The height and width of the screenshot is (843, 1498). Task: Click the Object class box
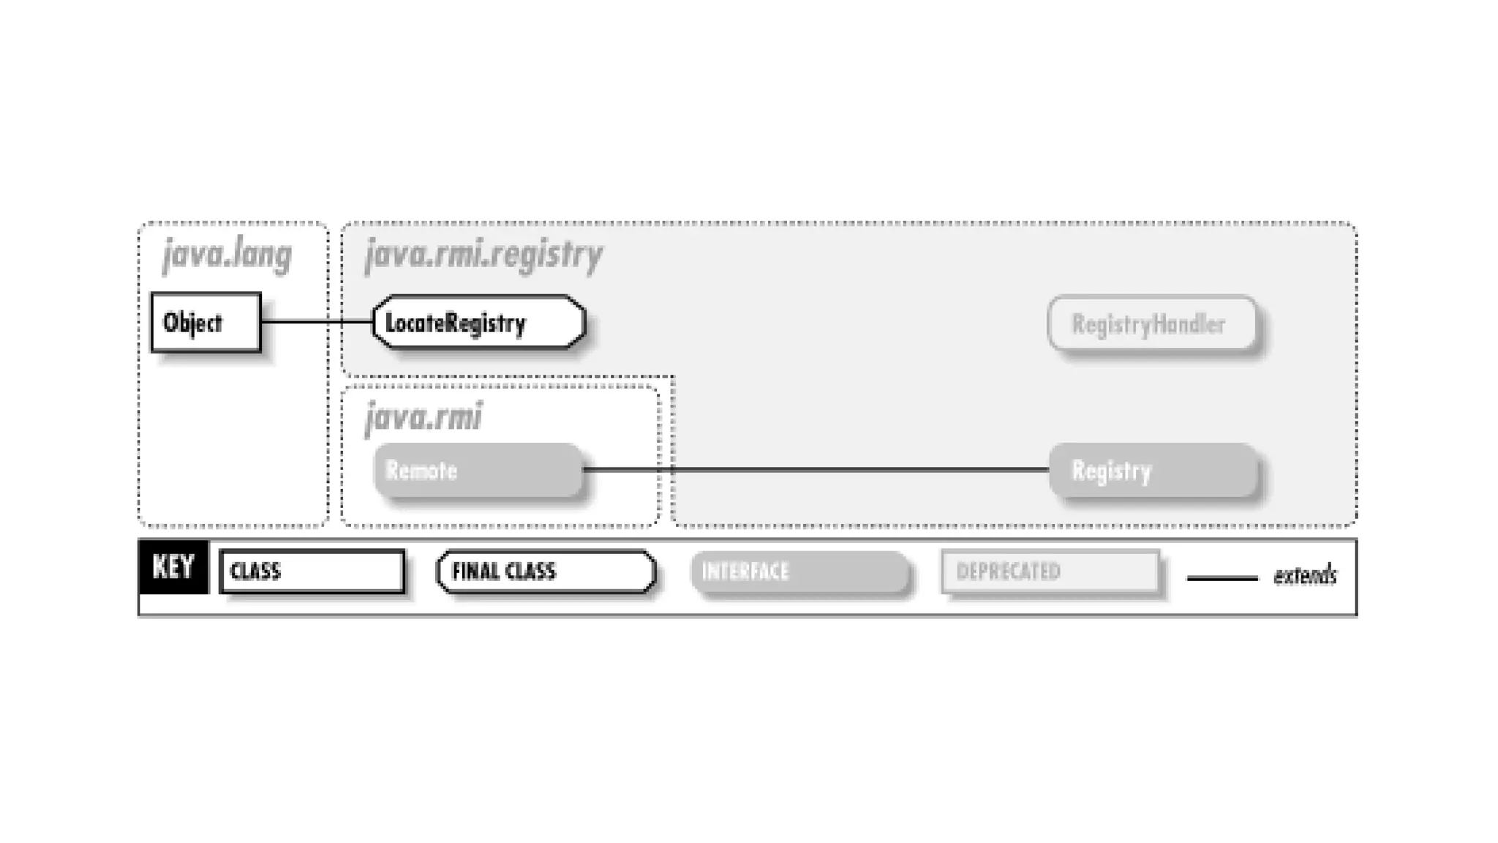[206, 323]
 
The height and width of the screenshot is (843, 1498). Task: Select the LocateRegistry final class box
[478, 323]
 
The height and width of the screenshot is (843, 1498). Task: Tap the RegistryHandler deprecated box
[1152, 323]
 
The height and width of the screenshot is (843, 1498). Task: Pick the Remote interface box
[478, 470]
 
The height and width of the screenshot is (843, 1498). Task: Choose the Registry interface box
[1153, 470]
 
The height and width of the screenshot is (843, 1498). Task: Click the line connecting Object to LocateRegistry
[316, 321]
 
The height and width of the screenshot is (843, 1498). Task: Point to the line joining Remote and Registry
[816, 469]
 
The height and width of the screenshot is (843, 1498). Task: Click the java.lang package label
[227, 255]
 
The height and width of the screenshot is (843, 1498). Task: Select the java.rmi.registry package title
[483, 255]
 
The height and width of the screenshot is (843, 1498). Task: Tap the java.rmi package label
[423, 417]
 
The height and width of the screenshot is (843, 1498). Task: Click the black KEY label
[173, 566]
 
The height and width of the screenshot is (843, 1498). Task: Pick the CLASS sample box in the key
[312, 571]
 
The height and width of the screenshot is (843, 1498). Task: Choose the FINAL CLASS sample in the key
[546, 571]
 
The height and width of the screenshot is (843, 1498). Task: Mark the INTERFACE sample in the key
[799, 571]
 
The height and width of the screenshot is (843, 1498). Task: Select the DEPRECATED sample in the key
[1050, 571]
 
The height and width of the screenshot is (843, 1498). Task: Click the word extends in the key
[1305, 576]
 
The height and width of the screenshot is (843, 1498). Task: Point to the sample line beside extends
[1222, 578]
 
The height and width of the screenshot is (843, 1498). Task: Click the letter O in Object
[170, 323]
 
